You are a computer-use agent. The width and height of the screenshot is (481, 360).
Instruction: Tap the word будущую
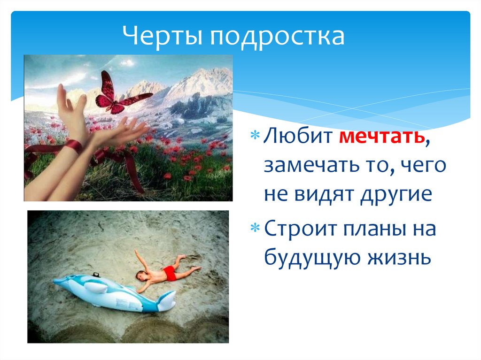tap(313, 258)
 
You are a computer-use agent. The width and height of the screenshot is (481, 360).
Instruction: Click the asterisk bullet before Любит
tap(255, 135)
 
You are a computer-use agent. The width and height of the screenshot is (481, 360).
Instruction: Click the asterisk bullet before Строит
tap(255, 228)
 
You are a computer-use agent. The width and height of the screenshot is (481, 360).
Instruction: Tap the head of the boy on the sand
tap(142, 276)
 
